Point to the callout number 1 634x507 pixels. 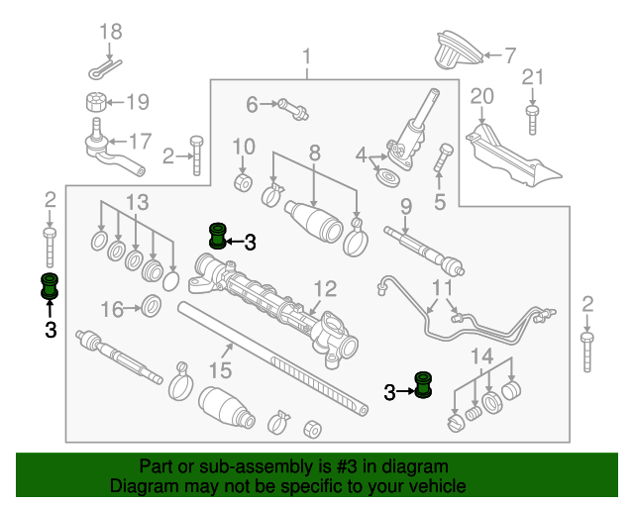point(307,55)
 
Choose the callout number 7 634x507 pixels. point(510,55)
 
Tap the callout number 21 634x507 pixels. point(533,77)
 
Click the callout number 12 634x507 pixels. point(325,290)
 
